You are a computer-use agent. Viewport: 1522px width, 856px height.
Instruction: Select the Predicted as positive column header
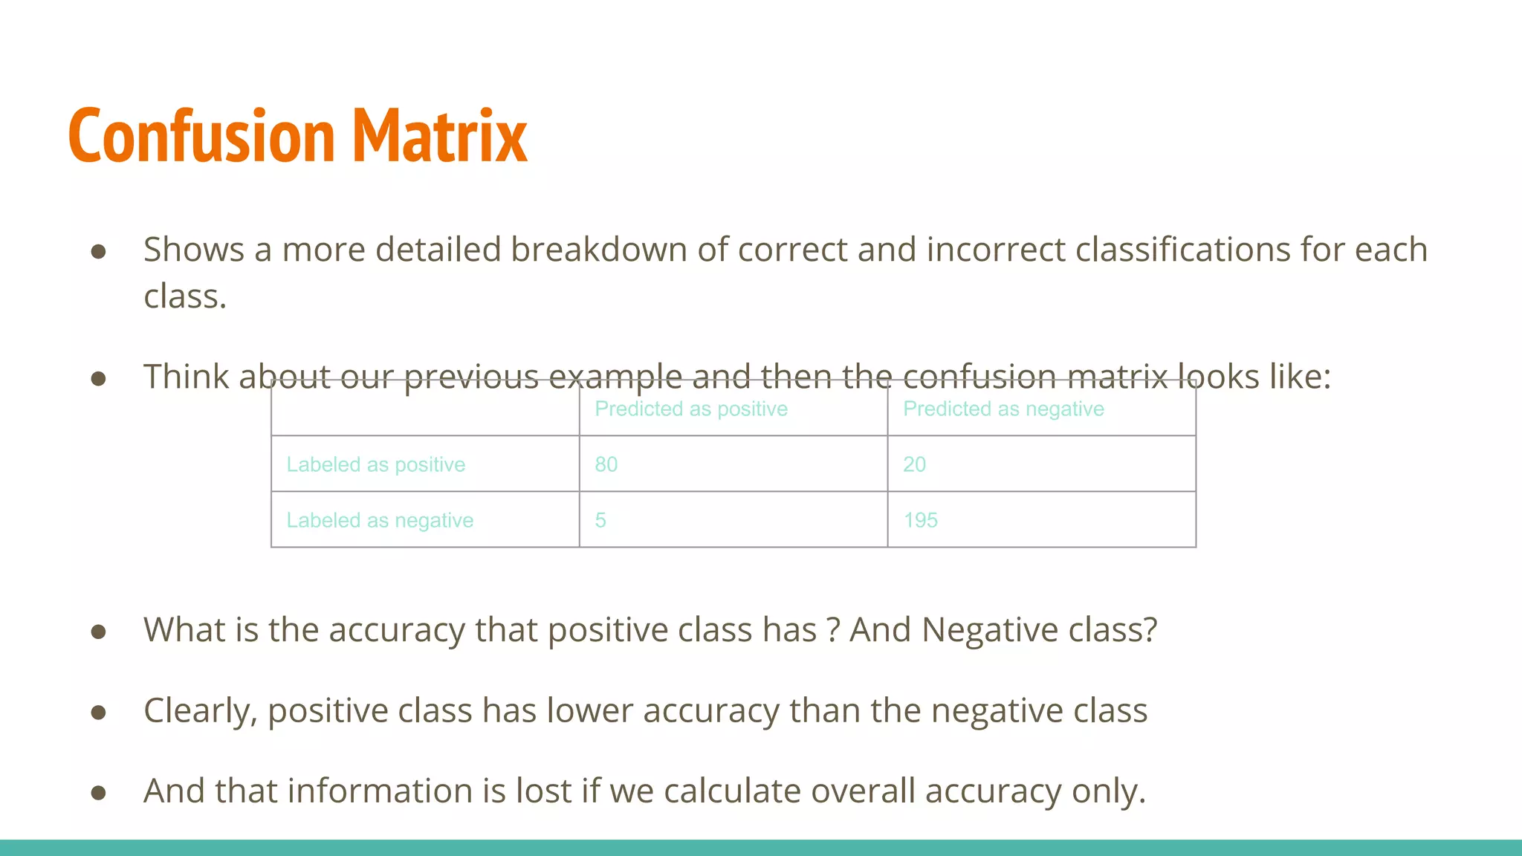691,409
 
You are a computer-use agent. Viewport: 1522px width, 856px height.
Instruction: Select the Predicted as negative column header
1003,409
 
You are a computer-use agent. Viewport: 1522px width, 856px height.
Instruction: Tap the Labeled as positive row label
376,465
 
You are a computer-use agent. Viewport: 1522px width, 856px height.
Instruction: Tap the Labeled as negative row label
380,521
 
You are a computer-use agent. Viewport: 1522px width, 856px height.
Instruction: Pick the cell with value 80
606,465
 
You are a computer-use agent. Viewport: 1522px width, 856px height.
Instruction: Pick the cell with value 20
914,465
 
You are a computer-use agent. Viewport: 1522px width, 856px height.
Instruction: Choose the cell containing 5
600,521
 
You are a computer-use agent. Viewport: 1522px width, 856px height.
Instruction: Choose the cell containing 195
920,521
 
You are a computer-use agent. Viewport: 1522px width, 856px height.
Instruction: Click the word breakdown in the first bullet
598,250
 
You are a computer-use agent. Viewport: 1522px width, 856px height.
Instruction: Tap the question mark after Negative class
1150,630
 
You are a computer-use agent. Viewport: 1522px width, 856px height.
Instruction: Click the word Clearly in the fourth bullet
200,711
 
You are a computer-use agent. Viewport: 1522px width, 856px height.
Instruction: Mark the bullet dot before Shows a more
98,252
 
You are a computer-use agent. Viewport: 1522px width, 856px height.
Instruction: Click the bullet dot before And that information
98,793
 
